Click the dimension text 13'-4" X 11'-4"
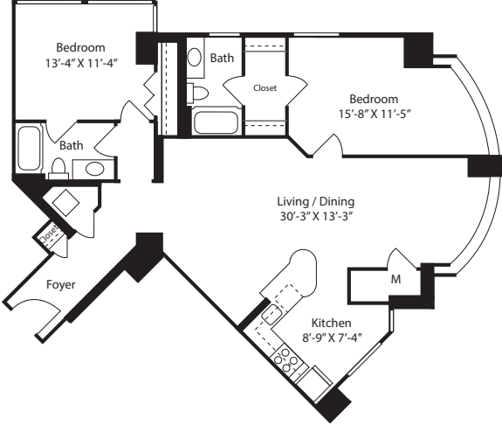click(80, 62)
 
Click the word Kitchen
click(331, 322)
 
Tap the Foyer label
click(59, 284)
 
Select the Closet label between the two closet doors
click(265, 87)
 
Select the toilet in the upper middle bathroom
click(198, 93)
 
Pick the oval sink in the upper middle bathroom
click(195, 58)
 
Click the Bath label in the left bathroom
click(71, 146)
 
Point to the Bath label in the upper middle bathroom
click(222, 58)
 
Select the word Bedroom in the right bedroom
click(374, 99)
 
